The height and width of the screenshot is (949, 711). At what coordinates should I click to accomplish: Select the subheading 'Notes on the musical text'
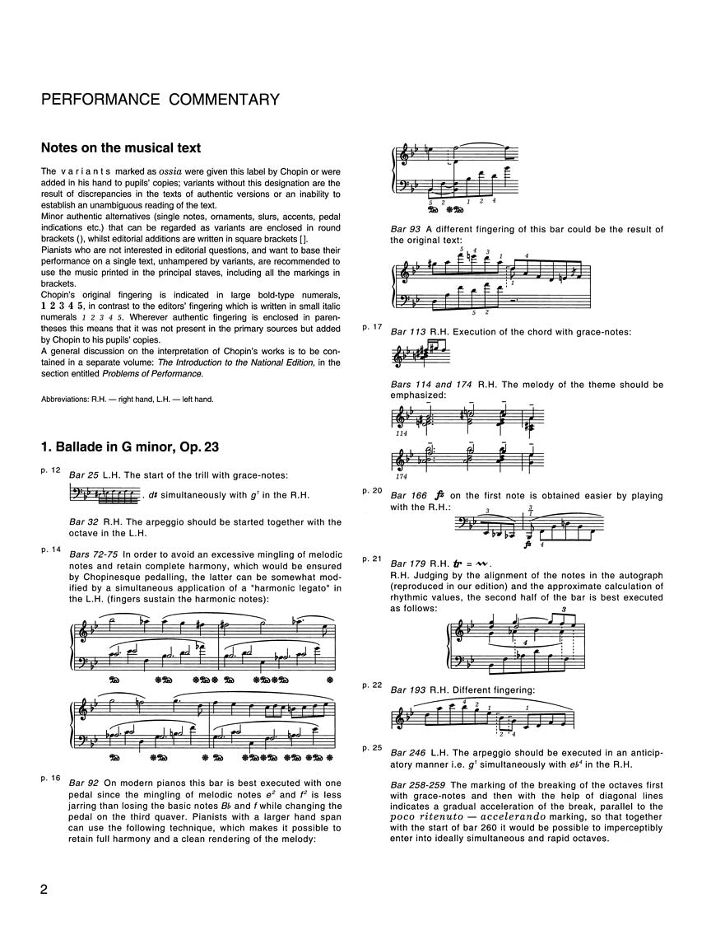coord(121,149)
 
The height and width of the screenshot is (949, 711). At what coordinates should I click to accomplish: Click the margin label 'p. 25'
coord(373,748)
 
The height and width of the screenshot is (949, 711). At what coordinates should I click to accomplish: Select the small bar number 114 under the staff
coord(402,433)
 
